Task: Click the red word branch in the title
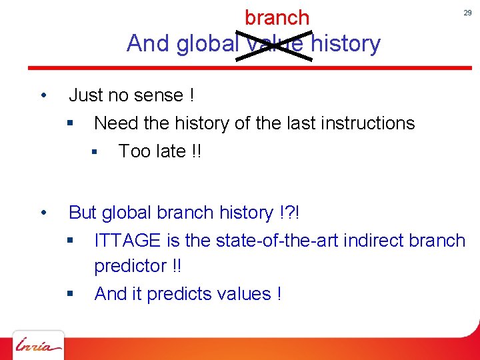[277, 17]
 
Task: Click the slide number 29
[467, 13]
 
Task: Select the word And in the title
[149, 44]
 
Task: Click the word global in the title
[208, 44]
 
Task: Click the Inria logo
[39, 345]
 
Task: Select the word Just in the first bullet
[86, 95]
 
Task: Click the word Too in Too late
[133, 151]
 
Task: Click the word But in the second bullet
[83, 213]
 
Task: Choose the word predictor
[131, 266]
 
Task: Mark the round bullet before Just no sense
[43, 95]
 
